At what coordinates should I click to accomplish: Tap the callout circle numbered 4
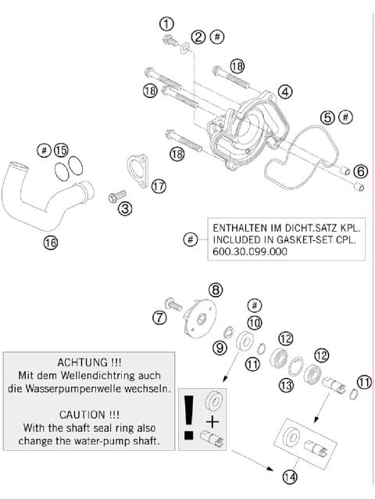[x=285, y=92]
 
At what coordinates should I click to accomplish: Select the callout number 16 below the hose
[x=50, y=243]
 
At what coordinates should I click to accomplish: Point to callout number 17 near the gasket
[x=159, y=186]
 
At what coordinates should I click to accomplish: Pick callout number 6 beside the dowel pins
[x=359, y=171]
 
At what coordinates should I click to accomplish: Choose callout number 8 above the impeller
[x=216, y=290]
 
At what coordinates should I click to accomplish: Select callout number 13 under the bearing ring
[x=286, y=384]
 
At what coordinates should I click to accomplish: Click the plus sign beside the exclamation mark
[x=212, y=423]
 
